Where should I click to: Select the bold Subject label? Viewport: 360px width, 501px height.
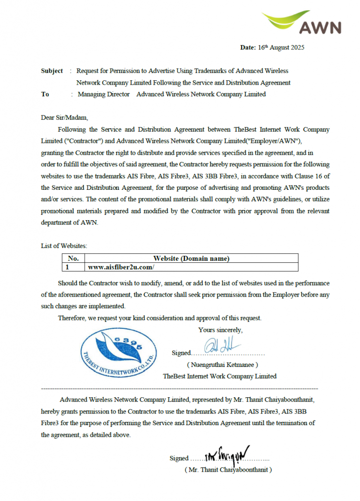tap(52, 71)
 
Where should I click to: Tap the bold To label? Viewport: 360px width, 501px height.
tap(45, 94)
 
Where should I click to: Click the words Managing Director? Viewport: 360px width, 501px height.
tap(104, 94)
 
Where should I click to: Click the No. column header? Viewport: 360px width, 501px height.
tap(73, 258)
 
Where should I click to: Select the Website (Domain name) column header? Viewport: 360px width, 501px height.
tap(191, 258)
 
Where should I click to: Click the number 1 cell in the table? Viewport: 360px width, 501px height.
tap(67, 267)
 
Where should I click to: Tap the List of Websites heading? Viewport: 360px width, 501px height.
tap(64, 246)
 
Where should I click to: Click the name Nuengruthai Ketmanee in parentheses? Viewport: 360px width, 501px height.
tap(223, 364)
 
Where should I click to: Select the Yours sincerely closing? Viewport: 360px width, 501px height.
tap(220, 330)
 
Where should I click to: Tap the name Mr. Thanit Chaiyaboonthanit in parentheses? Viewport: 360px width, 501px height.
tap(228, 469)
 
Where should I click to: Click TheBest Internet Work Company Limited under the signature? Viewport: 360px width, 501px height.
tap(220, 376)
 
